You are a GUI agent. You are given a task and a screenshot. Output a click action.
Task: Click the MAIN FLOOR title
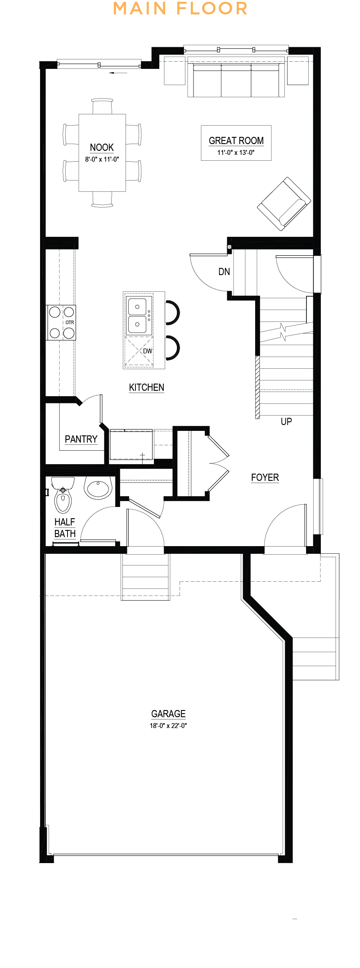coord(180,8)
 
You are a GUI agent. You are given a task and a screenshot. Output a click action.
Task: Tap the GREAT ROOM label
coord(236,140)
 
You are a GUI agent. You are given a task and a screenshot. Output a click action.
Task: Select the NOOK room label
coord(102,147)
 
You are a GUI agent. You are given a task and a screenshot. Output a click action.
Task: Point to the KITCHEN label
coord(147,387)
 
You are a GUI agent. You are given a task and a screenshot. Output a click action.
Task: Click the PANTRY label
coord(81,439)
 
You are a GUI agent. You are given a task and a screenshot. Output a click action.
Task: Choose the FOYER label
coord(265,477)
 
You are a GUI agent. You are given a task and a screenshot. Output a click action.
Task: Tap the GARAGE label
coord(168,714)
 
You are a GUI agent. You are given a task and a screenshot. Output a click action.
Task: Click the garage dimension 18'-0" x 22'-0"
coord(168,725)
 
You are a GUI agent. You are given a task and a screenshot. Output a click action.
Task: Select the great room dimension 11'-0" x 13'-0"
coord(236,152)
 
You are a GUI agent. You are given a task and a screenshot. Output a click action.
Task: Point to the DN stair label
coord(224,271)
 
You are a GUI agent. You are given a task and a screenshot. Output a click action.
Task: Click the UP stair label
coord(286,421)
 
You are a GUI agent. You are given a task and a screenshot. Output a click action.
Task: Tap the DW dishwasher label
coord(148,351)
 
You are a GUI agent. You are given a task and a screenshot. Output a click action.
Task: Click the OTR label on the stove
coord(70,322)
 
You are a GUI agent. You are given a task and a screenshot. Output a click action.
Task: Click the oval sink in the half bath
coord(98,489)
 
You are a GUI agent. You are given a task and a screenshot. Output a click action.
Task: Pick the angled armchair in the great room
coord(284,204)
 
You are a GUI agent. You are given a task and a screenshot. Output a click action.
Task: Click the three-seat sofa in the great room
coord(236,80)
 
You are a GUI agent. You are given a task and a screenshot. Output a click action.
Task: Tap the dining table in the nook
coord(102,153)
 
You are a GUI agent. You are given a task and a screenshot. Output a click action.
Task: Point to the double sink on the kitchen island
coord(137,316)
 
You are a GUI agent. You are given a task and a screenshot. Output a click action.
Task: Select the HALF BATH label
coord(65,528)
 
